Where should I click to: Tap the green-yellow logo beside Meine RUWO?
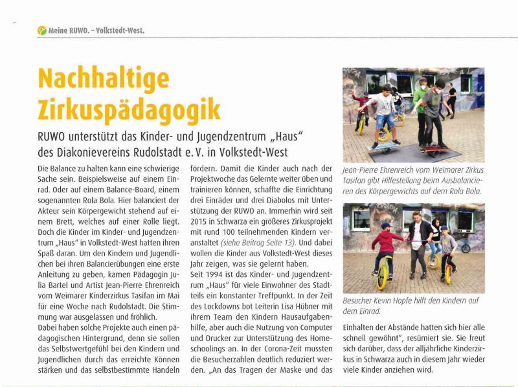click(x=42, y=30)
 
